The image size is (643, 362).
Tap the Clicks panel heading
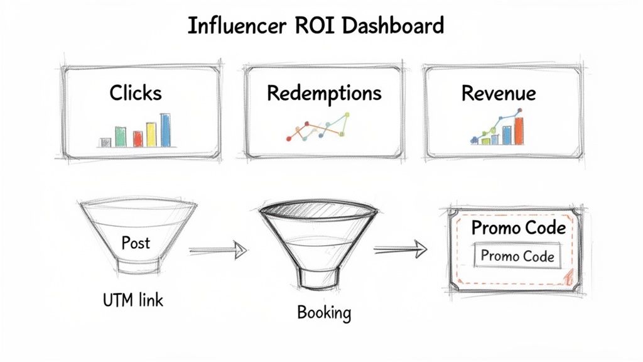tap(136, 93)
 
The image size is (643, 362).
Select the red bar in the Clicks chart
tap(137, 138)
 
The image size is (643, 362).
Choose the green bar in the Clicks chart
tap(121, 136)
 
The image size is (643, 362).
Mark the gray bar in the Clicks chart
tap(105, 142)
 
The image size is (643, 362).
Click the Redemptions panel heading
tap(324, 93)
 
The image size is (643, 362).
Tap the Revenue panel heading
tap(499, 93)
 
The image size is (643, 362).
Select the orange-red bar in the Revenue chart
tap(519, 129)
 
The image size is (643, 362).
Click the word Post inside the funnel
tap(136, 243)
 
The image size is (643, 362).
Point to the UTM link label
tap(132, 300)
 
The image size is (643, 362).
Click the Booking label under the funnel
tap(323, 312)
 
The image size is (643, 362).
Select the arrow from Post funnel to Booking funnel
tap(216, 250)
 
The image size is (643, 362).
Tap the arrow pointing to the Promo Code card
tap(400, 250)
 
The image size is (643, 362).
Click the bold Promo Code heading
tap(518, 227)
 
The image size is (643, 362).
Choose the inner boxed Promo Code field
tap(517, 256)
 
